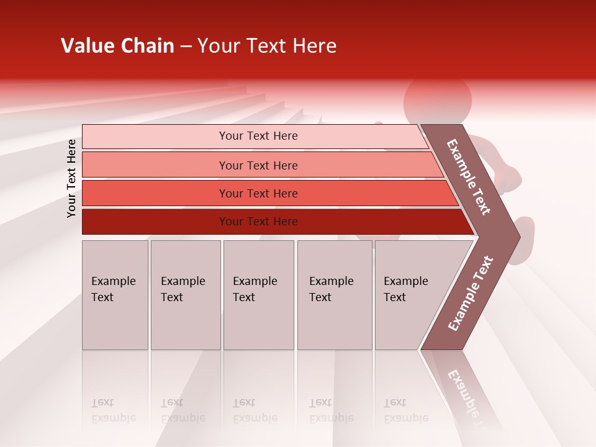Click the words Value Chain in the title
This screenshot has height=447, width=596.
tap(117, 46)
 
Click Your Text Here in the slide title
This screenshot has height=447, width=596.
tap(267, 46)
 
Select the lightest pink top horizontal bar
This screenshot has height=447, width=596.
tap(155, 136)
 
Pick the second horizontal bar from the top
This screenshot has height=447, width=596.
tap(155, 165)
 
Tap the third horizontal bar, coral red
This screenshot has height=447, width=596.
tap(155, 193)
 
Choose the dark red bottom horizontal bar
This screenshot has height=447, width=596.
tap(155, 222)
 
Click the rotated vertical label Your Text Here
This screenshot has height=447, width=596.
tap(71, 178)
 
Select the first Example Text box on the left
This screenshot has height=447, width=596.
tap(115, 295)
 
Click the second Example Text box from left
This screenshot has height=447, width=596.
tap(186, 295)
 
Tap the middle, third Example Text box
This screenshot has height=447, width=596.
tap(258, 295)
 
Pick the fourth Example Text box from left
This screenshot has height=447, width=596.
tap(335, 295)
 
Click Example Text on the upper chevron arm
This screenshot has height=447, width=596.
tap(469, 177)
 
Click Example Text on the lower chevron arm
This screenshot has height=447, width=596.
tap(471, 294)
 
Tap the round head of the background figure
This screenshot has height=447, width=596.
tap(437, 99)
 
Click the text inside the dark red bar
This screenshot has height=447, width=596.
tap(258, 222)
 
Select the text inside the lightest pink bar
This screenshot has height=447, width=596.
tap(258, 136)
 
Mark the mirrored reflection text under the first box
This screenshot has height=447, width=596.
tap(114, 410)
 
